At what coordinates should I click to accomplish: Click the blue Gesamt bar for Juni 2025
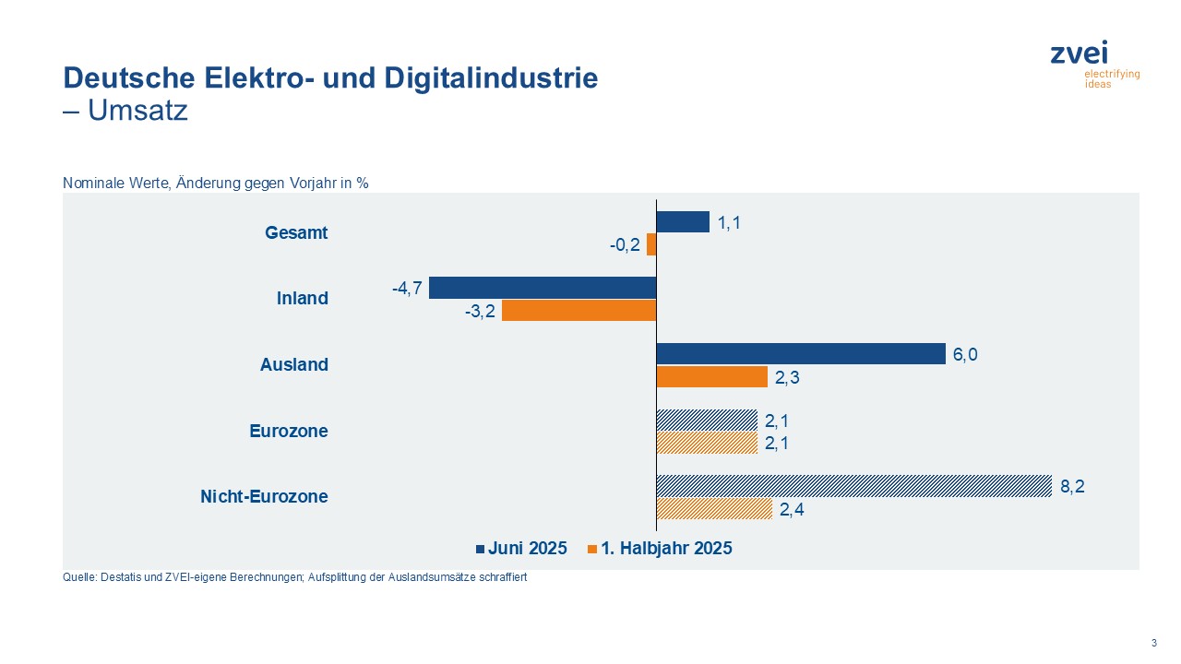[x=682, y=222]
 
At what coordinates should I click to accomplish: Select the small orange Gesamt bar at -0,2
[x=651, y=244]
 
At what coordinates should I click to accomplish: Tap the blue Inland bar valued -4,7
[x=543, y=288]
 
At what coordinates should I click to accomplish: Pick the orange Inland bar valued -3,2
[x=579, y=311]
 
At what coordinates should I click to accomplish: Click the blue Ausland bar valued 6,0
[x=800, y=354]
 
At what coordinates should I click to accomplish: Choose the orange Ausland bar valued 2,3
[x=711, y=377]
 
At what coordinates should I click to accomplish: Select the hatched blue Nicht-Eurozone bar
[x=853, y=486]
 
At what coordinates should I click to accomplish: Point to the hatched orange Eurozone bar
[x=706, y=444]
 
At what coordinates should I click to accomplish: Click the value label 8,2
[x=1072, y=487]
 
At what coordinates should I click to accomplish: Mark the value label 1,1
[x=729, y=223]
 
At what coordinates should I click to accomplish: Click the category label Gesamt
[x=296, y=233]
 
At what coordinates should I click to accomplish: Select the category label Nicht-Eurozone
[x=264, y=497]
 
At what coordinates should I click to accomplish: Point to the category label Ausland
[x=293, y=365]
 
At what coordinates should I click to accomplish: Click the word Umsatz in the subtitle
[x=137, y=112]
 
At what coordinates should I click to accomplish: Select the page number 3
[x=1153, y=643]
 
